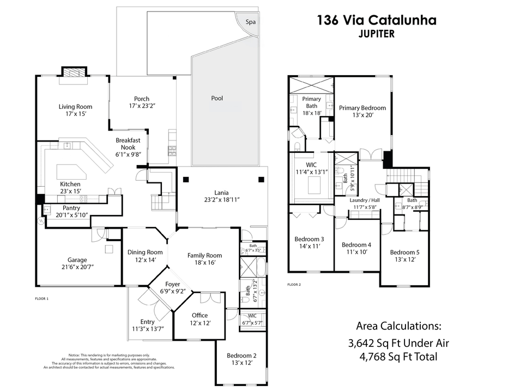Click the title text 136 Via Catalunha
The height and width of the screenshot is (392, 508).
(x=377, y=21)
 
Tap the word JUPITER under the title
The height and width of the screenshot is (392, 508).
(x=376, y=33)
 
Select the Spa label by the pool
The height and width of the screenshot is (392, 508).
(x=250, y=22)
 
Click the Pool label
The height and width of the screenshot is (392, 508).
(x=217, y=99)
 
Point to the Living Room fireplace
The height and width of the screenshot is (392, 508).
(x=73, y=73)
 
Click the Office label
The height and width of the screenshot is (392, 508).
(x=199, y=315)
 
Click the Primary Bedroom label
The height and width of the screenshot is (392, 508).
(x=362, y=108)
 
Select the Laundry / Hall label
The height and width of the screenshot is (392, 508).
(x=365, y=200)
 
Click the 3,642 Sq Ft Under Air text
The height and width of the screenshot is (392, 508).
(x=398, y=344)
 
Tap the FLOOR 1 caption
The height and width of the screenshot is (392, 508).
(x=41, y=299)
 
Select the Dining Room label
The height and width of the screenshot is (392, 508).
(x=145, y=252)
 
